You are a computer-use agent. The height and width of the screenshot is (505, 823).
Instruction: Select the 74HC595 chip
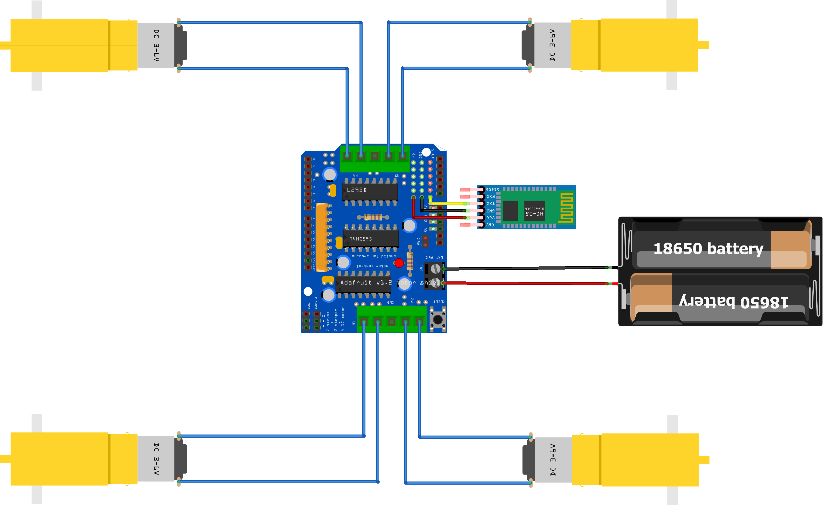pos(371,239)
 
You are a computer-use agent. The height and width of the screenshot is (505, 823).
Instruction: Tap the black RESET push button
pos(437,319)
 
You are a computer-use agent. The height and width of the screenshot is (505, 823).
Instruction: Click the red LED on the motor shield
pos(399,263)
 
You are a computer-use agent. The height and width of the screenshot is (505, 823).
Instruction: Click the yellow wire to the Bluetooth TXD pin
pos(448,203)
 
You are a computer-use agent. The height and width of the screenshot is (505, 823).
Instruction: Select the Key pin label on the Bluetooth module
pos(490,225)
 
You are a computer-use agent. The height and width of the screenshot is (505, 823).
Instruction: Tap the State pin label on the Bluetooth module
pos(492,190)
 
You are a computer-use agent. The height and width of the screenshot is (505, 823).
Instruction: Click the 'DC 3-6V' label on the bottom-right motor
pos(553,460)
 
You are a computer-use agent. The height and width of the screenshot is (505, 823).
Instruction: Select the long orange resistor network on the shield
pos(322,237)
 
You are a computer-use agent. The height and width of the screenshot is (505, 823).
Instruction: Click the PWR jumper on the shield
pos(425,241)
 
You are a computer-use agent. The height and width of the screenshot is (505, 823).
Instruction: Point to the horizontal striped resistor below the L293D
pos(373,217)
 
